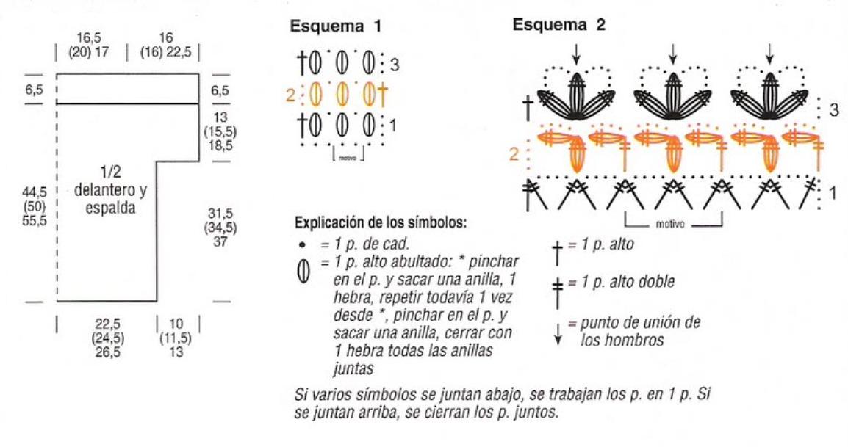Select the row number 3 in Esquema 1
click(x=395, y=65)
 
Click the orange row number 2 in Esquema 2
click(x=514, y=156)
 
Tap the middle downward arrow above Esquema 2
click(x=673, y=54)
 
